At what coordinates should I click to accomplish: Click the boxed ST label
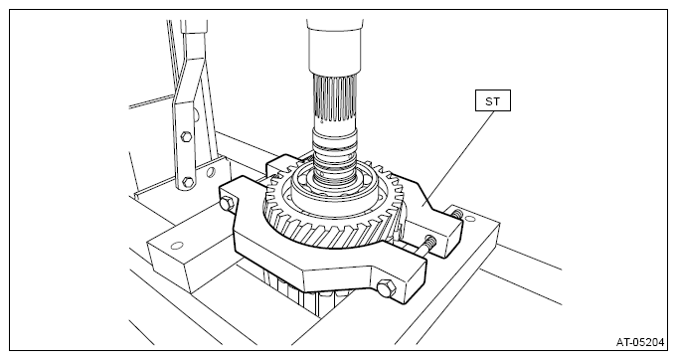pyautogui.click(x=493, y=100)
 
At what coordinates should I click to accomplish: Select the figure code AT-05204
pyautogui.click(x=640, y=342)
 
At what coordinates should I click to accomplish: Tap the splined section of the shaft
pyautogui.click(x=335, y=98)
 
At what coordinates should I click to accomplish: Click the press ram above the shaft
pyautogui.click(x=334, y=47)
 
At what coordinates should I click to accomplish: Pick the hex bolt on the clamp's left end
pyautogui.click(x=226, y=204)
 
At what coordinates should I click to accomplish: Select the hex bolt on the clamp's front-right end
pyautogui.click(x=385, y=288)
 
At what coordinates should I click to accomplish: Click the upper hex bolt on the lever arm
pyautogui.click(x=186, y=137)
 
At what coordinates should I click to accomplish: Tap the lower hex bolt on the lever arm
pyautogui.click(x=187, y=181)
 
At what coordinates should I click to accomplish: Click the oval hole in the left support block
pyautogui.click(x=177, y=246)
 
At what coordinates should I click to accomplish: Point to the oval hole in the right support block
pyautogui.click(x=470, y=219)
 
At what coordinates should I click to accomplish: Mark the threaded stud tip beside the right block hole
pyautogui.click(x=457, y=213)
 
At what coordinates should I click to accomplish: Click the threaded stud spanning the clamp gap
pyautogui.click(x=423, y=248)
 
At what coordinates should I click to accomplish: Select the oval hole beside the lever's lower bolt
pyautogui.click(x=211, y=173)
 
